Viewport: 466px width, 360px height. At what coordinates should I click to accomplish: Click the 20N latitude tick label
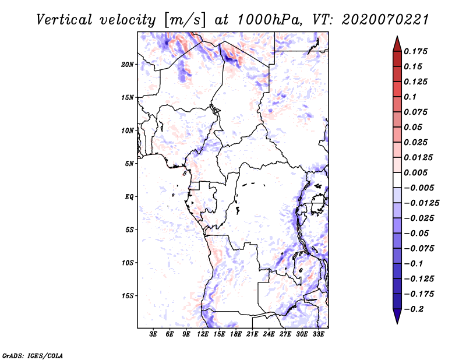(128, 64)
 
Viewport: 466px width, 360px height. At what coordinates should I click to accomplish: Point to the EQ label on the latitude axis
(129, 197)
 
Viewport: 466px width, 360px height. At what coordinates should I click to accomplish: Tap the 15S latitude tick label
(128, 296)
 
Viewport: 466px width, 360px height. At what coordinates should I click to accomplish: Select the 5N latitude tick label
(129, 164)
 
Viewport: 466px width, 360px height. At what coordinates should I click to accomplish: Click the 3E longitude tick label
(154, 334)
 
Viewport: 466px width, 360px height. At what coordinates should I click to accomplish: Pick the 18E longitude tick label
(236, 334)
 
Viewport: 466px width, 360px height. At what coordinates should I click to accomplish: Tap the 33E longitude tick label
(318, 334)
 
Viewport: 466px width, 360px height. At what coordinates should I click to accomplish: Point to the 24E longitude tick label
(269, 334)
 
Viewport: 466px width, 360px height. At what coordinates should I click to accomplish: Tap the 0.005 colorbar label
(417, 172)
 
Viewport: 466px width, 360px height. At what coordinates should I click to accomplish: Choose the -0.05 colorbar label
(417, 233)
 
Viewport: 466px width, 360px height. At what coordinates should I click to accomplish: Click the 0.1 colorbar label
(412, 97)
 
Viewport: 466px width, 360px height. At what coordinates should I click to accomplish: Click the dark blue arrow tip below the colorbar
(397, 319)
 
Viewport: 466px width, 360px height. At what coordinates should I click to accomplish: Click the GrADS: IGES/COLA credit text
(24, 355)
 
